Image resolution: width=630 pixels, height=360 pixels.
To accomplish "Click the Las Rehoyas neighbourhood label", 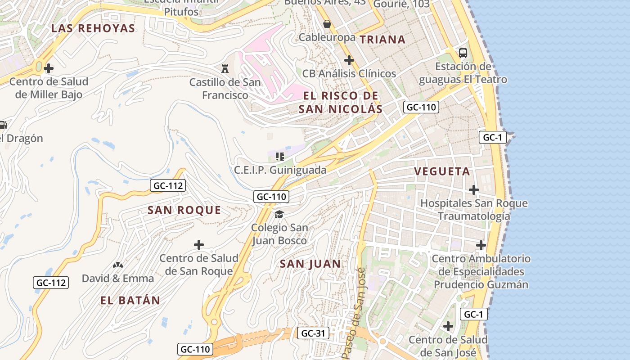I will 93,28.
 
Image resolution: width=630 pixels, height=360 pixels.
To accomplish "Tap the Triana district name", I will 382,40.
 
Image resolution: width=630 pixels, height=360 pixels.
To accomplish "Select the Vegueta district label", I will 442,171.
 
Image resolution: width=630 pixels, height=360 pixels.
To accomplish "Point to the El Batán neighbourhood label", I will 130,301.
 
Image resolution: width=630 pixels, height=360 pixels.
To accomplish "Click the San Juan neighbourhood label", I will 310,264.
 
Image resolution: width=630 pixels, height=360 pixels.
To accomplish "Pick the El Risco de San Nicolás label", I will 341,103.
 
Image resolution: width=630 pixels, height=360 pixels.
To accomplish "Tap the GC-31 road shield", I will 313,333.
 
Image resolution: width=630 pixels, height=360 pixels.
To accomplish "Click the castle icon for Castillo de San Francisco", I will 225,69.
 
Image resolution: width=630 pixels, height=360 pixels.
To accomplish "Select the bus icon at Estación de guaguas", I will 463,53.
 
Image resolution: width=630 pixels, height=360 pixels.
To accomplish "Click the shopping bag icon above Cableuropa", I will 327,24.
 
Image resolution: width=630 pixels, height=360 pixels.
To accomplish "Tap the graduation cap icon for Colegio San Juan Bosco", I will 279,214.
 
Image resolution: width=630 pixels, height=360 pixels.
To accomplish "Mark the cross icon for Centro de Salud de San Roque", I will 199,245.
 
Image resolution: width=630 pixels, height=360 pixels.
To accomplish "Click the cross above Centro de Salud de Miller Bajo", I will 49,68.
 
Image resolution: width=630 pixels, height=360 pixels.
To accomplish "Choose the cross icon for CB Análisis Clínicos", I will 349,60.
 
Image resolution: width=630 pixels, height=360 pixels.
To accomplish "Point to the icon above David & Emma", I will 118,265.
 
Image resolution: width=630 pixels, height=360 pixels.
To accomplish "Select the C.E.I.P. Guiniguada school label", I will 280,171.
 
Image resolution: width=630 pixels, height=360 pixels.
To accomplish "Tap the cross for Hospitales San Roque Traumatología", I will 474,190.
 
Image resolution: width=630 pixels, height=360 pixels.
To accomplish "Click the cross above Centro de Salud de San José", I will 448,326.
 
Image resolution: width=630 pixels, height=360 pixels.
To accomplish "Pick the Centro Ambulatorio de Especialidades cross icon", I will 481,245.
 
